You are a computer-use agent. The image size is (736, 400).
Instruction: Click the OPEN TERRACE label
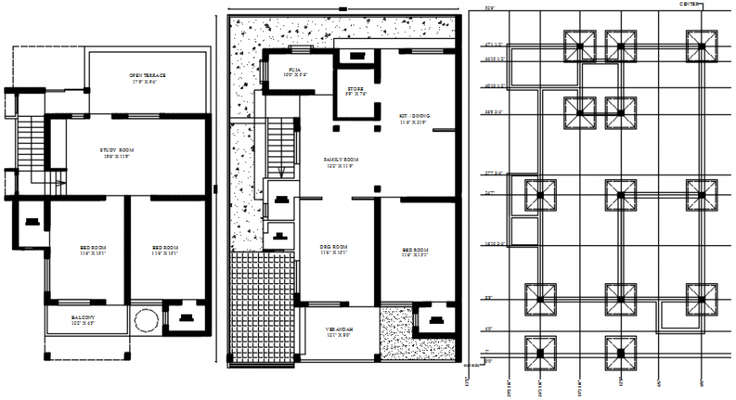pyautogui.click(x=147, y=75)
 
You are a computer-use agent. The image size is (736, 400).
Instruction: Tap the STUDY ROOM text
pyautogui.click(x=118, y=150)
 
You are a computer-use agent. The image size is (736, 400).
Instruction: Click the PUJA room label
pyautogui.click(x=295, y=69)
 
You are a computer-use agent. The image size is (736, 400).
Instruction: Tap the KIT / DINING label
pyautogui.click(x=414, y=116)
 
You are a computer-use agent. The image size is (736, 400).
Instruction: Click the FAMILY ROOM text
pyautogui.click(x=341, y=159)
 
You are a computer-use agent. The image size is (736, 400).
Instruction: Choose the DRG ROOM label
pyautogui.click(x=334, y=246)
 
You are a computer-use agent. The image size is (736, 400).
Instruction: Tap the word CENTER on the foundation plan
pyautogui.click(x=689, y=4)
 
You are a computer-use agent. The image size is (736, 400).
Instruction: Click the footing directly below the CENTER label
pyautogui.click(x=700, y=43)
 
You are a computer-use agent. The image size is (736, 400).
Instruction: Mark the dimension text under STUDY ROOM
pyautogui.click(x=118, y=156)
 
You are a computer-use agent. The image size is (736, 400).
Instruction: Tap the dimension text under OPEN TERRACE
pyautogui.click(x=147, y=82)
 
